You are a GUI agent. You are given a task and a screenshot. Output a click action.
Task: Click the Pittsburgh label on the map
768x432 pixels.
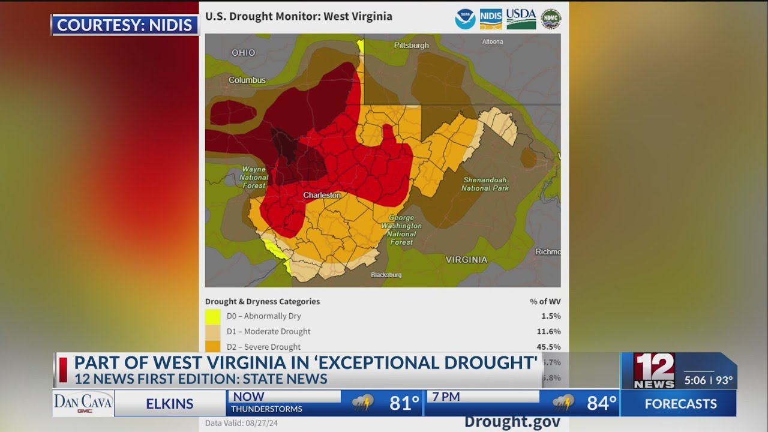[411, 46]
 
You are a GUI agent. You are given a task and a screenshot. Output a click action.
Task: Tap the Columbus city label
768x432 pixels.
[247, 80]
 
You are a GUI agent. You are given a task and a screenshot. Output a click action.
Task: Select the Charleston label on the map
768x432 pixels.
[322, 196]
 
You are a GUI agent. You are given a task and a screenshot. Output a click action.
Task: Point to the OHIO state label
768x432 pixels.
[244, 53]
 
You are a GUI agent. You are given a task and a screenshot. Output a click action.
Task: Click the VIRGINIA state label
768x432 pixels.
[466, 260]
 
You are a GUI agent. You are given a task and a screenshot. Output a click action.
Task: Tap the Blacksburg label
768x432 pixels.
[386, 275]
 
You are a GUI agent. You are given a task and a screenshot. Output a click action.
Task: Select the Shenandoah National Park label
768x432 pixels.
[485, 184]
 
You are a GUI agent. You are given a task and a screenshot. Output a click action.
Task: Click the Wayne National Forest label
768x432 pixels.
[254, 178]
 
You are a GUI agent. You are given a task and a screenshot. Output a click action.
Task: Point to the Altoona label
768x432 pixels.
[493, 42]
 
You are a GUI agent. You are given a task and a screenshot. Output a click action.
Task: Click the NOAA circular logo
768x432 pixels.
[465, 19]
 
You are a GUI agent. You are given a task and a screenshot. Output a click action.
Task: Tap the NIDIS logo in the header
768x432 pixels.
[491, 19]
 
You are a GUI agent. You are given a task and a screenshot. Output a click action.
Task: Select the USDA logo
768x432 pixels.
[521, 19]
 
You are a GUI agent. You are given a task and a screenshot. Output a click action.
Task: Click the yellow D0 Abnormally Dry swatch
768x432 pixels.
[212, 316]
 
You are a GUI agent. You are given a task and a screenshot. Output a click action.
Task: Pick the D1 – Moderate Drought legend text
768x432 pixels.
[268, 332]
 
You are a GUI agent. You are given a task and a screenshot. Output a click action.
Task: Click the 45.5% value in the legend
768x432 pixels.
[549, 347]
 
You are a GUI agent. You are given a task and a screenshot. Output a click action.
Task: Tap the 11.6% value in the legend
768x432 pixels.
[549, 332]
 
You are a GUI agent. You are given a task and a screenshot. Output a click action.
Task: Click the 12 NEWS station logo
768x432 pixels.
[654, 371]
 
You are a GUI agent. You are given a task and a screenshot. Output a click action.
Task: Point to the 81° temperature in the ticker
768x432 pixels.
[404, 404]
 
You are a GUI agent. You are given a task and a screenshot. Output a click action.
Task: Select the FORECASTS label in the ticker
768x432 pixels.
[680, 404]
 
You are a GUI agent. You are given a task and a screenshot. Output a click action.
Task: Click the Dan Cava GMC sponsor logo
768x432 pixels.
[83, 403]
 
